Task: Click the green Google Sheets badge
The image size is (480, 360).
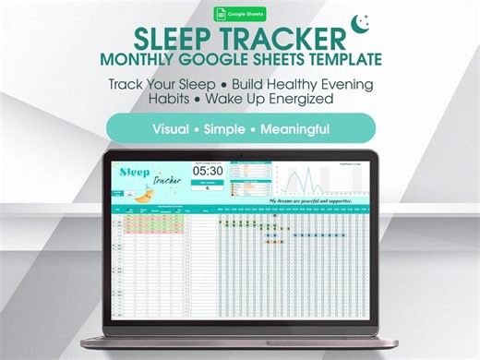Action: pos(239,14)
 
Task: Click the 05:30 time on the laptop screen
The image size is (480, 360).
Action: pos(208,171)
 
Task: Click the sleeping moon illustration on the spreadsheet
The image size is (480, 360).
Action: pos(144,194)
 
